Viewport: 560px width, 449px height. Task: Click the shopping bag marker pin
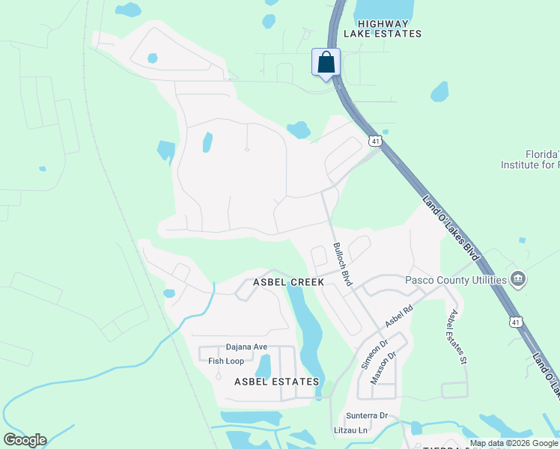(x=326, y=62)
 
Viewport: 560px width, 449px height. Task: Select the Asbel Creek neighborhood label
(x=288, y=282)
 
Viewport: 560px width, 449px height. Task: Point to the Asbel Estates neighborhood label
(x=276, y=382)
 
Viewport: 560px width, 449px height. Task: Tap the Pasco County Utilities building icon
(x=517, y=281)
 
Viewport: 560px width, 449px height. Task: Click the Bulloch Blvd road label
(x=342, y=264)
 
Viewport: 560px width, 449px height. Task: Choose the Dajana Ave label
(x=246, y=347)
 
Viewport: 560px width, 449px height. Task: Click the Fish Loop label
(x=226, y=361)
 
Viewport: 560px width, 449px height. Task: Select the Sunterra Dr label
(x=367, y=415)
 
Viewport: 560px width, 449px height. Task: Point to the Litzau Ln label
(x=351, y=430)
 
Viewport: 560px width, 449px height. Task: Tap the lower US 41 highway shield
(x=515, y=321)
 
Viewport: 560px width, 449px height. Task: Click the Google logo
(x=25, y=440)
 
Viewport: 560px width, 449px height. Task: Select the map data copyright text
(x=514, y=443)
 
